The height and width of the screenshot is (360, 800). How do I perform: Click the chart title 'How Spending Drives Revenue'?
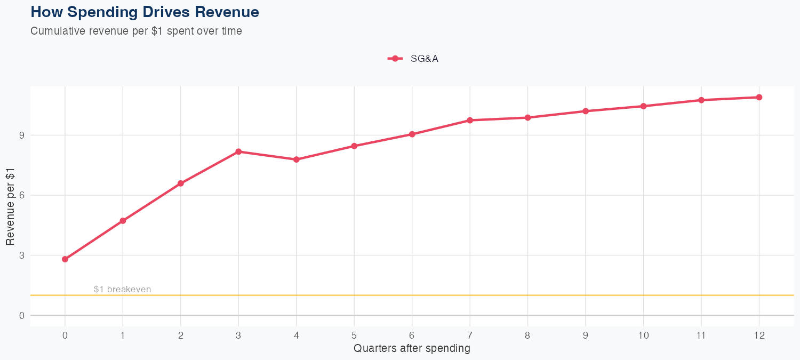pos(145,12)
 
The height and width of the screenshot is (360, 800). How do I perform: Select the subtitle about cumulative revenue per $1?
pos(136,31)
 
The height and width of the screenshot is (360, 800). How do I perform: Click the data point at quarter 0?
pos(65,259)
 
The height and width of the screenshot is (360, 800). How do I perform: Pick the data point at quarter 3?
pos(238,151)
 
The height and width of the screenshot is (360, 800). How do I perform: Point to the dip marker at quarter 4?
pos(296,159)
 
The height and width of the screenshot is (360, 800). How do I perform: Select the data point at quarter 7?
pos(470,121)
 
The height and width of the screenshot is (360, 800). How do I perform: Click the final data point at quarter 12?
pos(759,97)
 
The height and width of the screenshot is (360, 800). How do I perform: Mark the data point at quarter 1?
pos(123,221)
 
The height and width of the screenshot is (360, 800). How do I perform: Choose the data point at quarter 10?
pos(643,106)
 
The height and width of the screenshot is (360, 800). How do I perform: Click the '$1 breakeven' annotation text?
pos(122,290)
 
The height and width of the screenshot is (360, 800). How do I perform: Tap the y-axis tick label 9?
pos(22,135)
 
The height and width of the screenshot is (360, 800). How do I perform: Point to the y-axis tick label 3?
pos(22,255)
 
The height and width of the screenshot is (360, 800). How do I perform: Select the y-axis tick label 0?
pos(22,315)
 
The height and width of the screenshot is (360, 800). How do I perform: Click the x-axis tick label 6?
pos(412,335)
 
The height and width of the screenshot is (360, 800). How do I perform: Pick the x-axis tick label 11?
pos(701,335)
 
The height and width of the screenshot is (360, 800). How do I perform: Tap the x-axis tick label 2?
pos(181,335)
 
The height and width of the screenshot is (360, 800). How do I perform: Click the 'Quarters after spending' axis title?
pos(412,349)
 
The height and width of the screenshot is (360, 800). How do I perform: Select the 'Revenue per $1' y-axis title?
pos(10,206)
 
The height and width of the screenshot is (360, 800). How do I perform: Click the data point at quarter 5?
pos(354,146)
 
